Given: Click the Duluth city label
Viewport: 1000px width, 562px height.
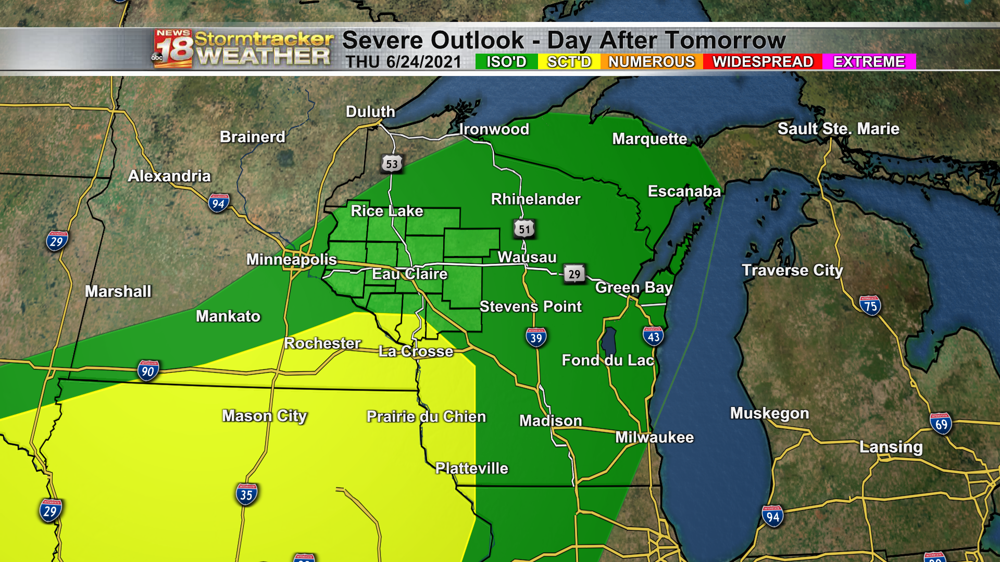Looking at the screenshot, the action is pyautogui.click(x=370, y=111).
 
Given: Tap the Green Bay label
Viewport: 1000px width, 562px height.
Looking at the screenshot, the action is pyautogui.click(x=633, y=287).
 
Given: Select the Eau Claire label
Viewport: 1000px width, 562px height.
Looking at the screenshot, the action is pyautogui.click(x=409, y=274).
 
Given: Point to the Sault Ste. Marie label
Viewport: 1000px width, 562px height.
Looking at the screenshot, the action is pyautogui.click(x=838, y=129).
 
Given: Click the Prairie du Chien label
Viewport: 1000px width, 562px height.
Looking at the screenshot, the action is pyautogui.click(x=426, y=416).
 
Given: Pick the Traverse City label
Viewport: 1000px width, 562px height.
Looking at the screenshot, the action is pyautogui.click(x=792, y=270).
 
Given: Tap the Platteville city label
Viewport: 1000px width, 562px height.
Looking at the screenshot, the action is pyautogui.click(x=471, y=468).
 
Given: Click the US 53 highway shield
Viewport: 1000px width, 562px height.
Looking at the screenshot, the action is pyautogui.click(x=392, y=164).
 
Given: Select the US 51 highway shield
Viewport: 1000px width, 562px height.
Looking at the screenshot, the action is pyautogui.click(x=524, y=229).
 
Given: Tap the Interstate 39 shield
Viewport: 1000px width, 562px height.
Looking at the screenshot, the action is pyautogui.click(x=536, y=338).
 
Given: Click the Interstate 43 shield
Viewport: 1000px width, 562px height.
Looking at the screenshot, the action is pyautogui.click(x=653, y=337).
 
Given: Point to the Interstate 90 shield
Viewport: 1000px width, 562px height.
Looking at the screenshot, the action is pyautogui.click(x=148, y=371).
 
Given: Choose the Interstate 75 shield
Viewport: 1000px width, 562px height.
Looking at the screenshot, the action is pyautogui.click(x=870, y=306).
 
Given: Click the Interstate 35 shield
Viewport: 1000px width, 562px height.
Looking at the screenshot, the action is pyautogui.click(x=246, y=494).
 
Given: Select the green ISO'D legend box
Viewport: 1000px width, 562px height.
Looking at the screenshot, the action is pyautogui.click(x=506, y=62).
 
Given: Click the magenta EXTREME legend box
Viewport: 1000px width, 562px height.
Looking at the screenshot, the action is pyautogui.click(x=869, y=62).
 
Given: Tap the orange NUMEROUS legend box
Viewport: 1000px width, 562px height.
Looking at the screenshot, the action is pyautogui.click(x=651, y=62).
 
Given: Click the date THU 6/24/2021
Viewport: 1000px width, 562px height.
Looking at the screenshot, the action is pyautogui.click(x=403, y=62).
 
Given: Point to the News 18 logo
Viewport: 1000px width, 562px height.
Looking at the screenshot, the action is pyautogui.click(x=173, y=49).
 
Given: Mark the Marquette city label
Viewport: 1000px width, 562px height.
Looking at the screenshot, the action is pyautogui.click(x=649, y=138).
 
